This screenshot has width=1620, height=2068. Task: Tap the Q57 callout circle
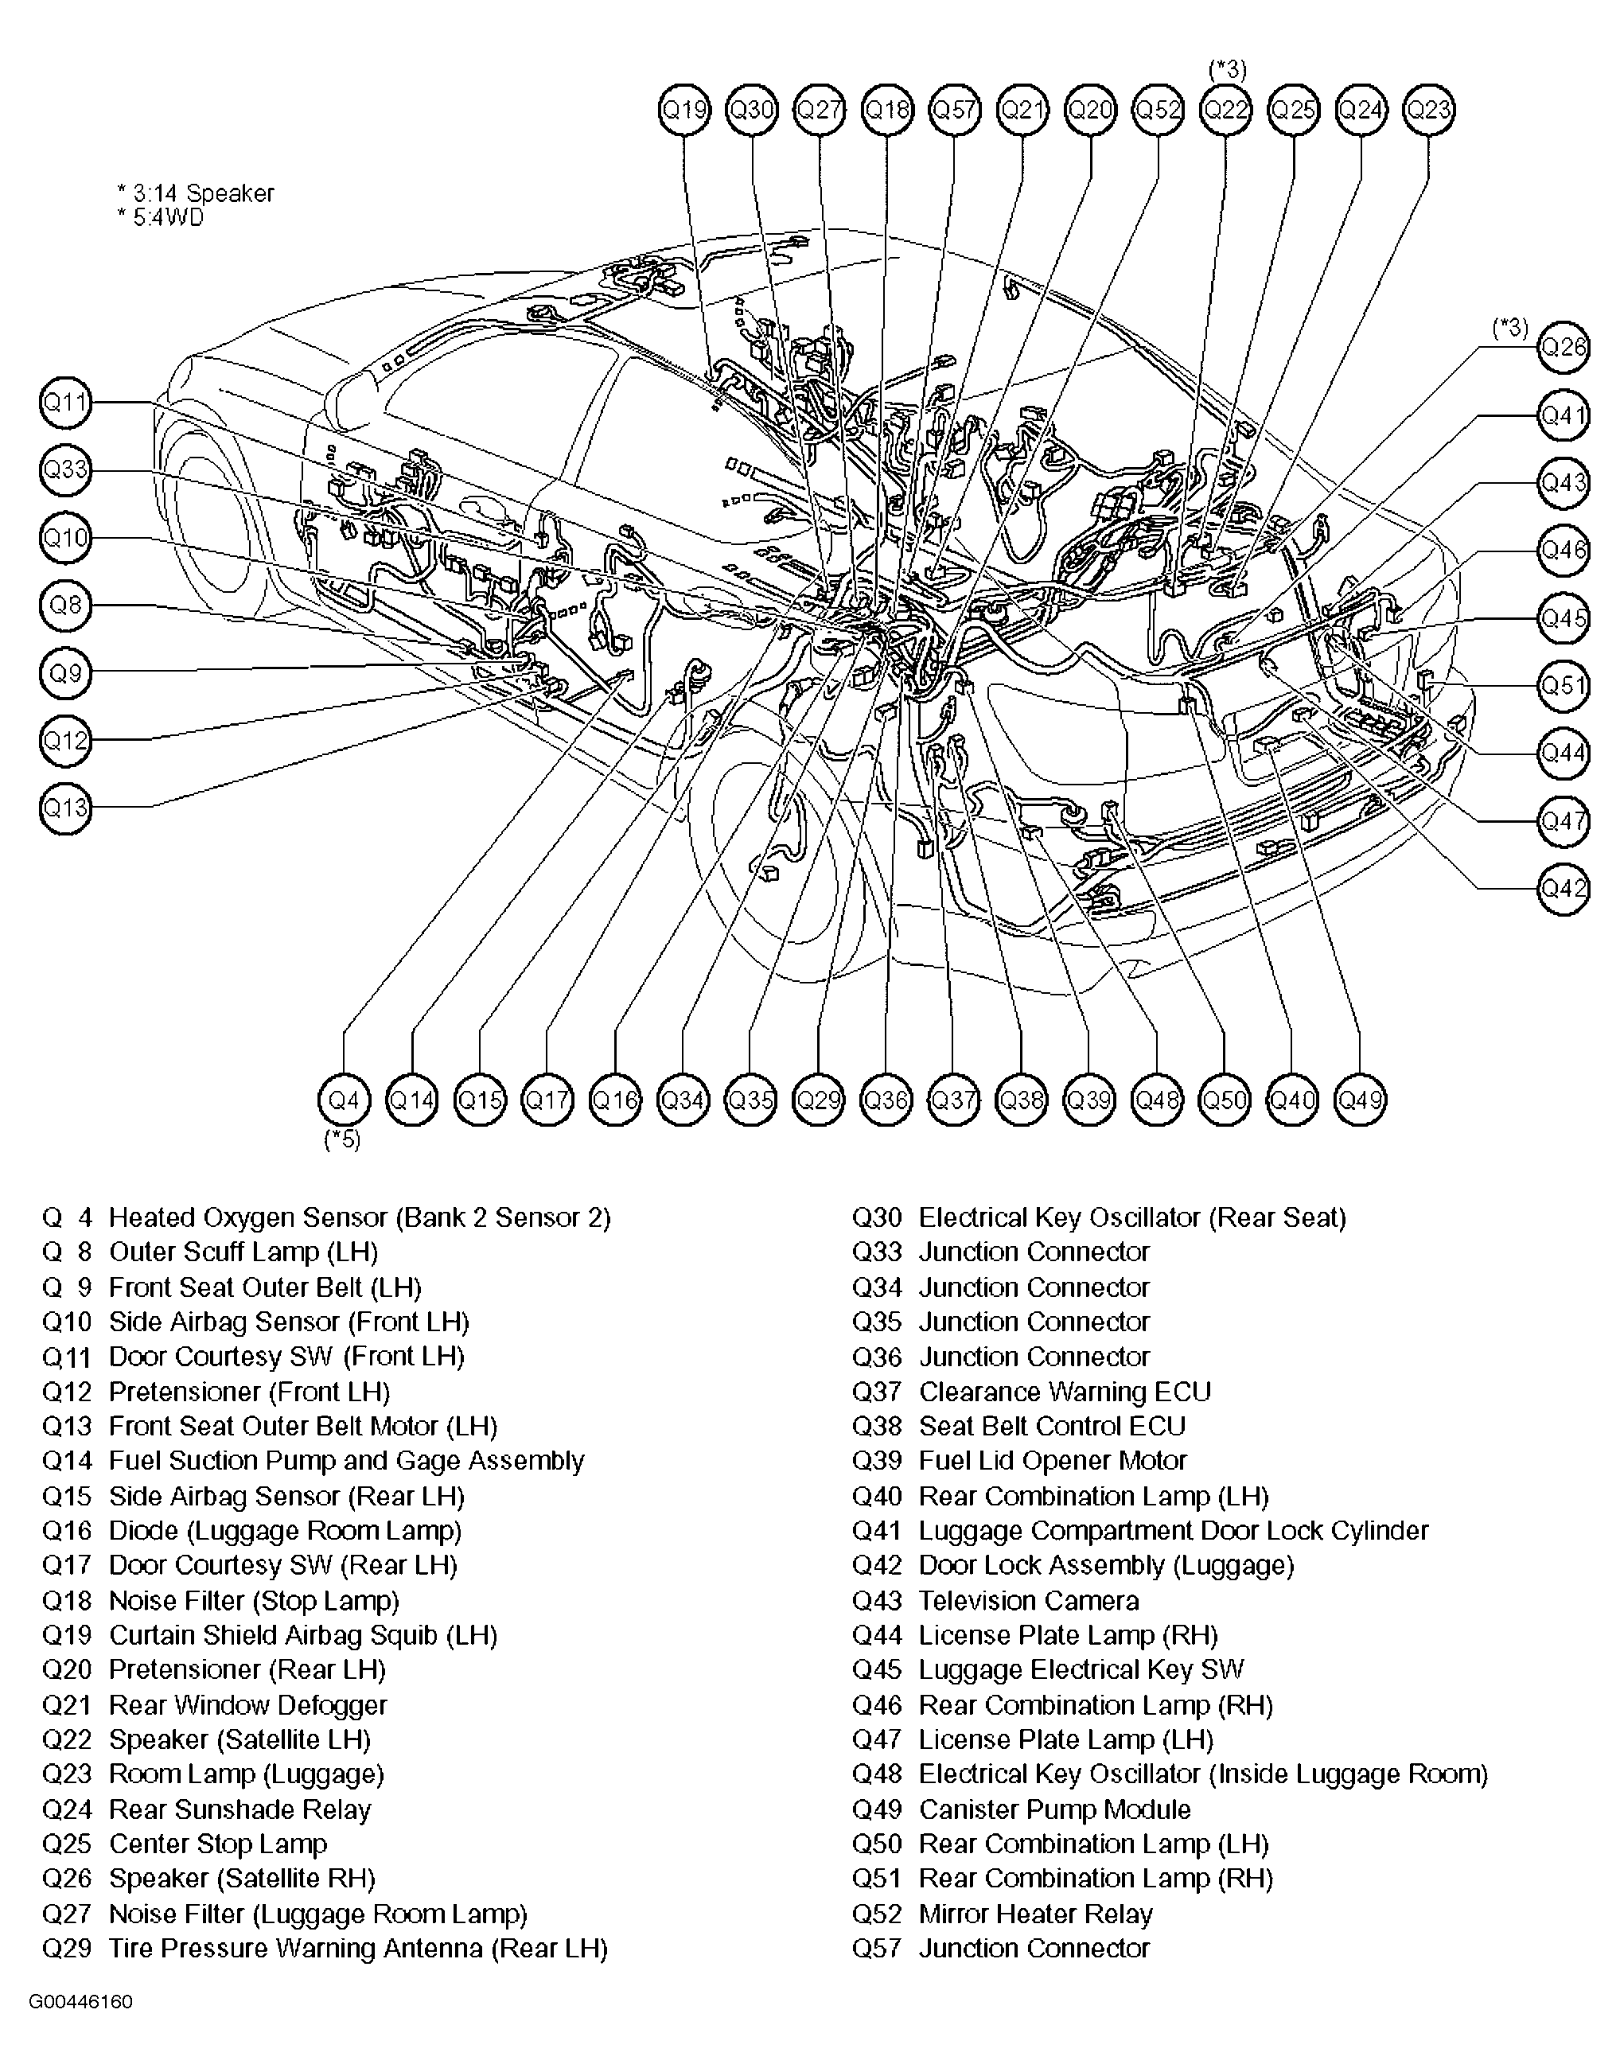click(x=954, y=110)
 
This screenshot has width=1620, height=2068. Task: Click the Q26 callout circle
click(x=1562, y=347)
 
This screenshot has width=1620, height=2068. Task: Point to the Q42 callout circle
click(x=1562, y=888)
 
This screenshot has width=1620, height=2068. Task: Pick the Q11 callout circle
click(x=65, y=402)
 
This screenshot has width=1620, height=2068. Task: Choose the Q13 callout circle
click(x=65, y=808)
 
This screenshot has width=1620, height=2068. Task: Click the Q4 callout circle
click(x=344, y=1100)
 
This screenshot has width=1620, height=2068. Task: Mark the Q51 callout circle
click(x=1562, y=685)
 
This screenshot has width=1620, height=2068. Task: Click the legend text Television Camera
click(x=1028, y=1600)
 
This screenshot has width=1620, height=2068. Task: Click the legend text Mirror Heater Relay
click(x=1035, y=1914)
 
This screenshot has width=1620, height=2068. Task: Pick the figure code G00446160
click(x=80, y=2003)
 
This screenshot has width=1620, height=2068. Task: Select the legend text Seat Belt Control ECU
click(x=1052, y=1426)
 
